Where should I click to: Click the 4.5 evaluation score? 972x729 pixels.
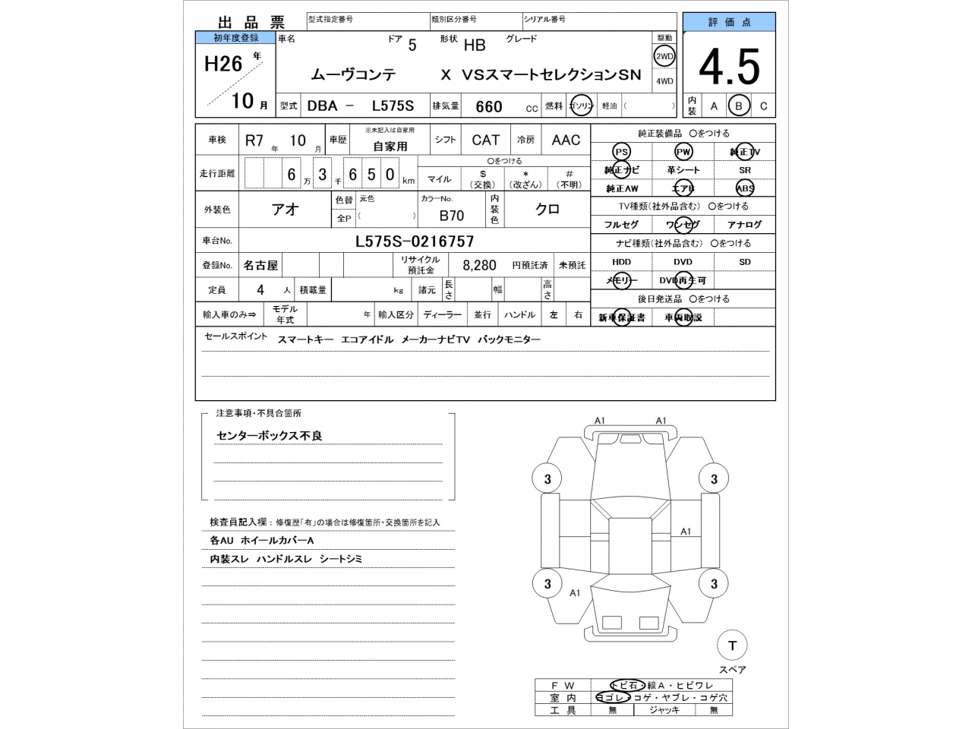click(728, 68)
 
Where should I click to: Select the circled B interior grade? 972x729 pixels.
click(738, 106)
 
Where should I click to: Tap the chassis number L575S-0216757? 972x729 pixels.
click(415, 241)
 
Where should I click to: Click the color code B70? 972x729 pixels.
click(452, 216)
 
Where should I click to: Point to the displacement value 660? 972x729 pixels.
click(488, 106)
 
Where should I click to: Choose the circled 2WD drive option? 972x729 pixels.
click(664, 57)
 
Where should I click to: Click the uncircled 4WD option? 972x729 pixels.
click(664, 81)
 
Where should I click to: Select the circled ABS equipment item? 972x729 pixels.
click(744, 188)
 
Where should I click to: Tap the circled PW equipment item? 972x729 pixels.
click(683, 152)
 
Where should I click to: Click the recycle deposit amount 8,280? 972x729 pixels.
click(479, 266)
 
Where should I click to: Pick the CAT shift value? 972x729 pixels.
click(485, 140)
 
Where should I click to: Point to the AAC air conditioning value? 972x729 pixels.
click(566, 140)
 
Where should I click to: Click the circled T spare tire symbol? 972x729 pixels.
click(732, 645)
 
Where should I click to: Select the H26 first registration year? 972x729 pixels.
click(223, 64)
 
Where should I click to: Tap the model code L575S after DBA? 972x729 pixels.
click(393, 106)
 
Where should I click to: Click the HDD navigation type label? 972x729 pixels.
click(621, 262)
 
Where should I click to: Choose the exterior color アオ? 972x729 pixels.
click(286, 210)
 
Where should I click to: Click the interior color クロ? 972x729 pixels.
click(548, 210)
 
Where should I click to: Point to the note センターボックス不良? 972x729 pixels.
click(270, 436)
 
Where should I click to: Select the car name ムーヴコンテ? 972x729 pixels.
click(353, 75)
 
